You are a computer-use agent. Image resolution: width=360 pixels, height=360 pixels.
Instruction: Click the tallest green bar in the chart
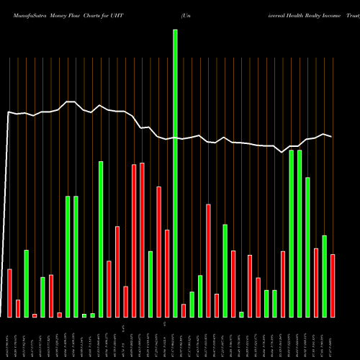(x=175, y=173)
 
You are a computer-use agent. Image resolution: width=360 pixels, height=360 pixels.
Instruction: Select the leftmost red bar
(x=10, y=293)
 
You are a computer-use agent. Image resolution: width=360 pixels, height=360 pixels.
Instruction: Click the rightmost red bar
(x=333, y=286)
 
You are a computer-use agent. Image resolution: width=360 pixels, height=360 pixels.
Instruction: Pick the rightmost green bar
(x=324, y=276)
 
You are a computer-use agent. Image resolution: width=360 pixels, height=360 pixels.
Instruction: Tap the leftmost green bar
(x=27, y=284)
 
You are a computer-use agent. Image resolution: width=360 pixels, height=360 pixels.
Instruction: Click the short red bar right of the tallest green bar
(x=184, y=310)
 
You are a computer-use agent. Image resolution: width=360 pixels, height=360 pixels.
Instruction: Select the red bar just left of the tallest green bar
(x=167, y=274)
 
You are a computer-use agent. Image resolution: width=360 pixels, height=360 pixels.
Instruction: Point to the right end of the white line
(x=332, y=137)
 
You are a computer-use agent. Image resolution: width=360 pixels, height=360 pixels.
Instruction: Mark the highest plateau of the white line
(x=70, y=102)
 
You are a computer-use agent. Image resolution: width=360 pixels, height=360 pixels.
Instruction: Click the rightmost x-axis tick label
(x=333, y=338)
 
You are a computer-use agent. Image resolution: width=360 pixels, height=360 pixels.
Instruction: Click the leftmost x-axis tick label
(x=10, y=338)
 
